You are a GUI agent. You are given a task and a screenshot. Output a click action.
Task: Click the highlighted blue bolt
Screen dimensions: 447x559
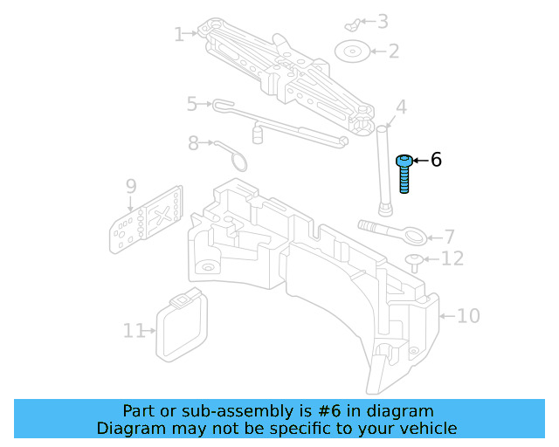click(x=405, y=172)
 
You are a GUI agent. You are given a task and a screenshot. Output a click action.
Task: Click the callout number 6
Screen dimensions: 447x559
click(x=436, y=160)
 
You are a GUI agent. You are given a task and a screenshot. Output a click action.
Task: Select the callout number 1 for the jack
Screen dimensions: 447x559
click(x=179, y=35)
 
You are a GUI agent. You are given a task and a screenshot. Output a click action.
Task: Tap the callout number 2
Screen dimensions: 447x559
click(x=393, y=51)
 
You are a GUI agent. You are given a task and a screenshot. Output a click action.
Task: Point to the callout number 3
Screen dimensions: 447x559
click(x=382, y=21)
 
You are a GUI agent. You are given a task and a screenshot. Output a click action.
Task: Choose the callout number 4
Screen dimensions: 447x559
click(x=401, y=108)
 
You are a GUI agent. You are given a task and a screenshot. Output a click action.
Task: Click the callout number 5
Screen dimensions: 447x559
click(x=192, y=105)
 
